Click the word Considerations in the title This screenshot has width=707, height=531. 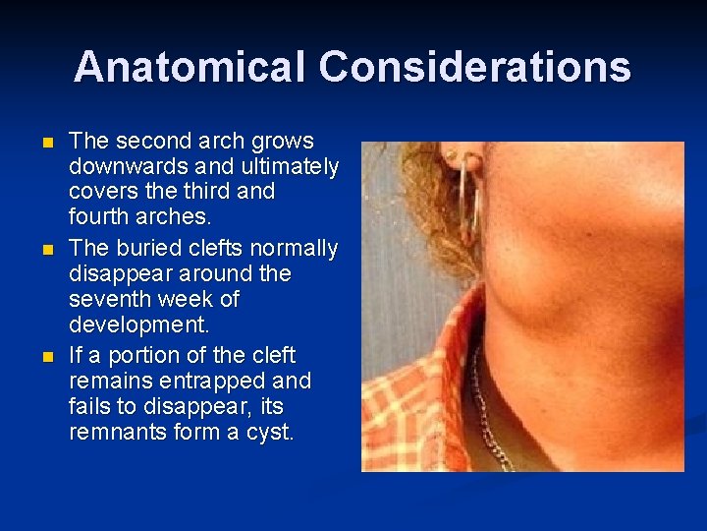pos(474,67)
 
